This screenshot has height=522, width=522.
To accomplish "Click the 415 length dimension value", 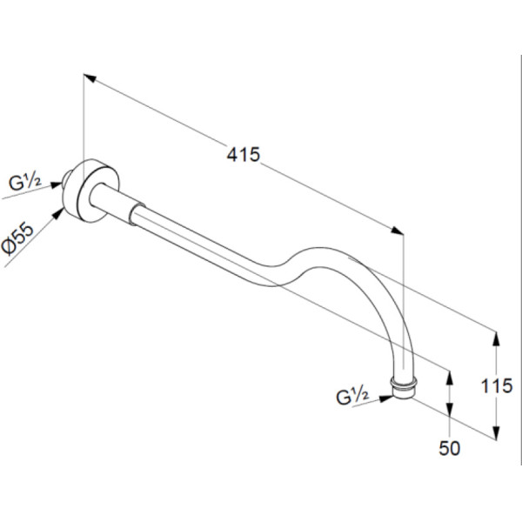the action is (243, 155).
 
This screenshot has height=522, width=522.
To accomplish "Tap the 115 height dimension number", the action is (497, 386).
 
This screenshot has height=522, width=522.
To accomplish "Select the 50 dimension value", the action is (450, 448).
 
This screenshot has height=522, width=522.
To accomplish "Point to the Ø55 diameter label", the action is (17, 239).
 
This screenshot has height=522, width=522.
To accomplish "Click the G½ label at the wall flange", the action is (25, 183).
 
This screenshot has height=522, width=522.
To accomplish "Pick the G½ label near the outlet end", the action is (352, 397).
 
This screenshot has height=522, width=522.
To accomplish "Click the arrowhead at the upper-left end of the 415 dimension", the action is (90, 78).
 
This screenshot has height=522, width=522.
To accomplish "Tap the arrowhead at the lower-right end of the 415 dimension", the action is (397, 231).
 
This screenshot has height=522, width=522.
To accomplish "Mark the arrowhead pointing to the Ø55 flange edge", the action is (58, 213).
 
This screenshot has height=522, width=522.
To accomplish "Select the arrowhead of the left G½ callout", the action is (57, 185).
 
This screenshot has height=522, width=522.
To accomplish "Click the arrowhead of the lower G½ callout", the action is (386, 398).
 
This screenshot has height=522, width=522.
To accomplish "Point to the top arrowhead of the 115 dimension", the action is (496, 338).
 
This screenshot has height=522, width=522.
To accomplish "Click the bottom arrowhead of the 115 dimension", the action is (496, 433).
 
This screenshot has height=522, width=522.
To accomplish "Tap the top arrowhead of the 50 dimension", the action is (450, 378).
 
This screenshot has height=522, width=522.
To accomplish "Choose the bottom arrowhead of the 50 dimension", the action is (450, 409).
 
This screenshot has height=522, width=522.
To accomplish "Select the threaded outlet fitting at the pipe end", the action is (404, 387).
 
